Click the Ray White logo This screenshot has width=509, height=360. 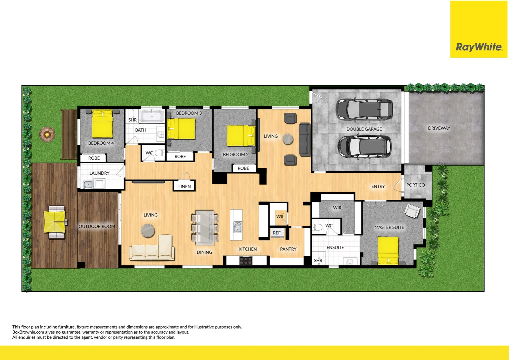[x=479, y=47]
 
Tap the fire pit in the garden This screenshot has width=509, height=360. [x=47, y=134]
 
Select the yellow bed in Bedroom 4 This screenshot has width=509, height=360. [x=102, y=125]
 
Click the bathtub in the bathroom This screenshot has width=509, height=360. [x=152, y=116]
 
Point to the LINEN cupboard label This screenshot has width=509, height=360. [x=184, y=187]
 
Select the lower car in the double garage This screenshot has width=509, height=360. [x=364, y=146]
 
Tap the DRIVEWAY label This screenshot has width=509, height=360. [x=439, y=128]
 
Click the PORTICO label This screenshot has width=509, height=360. [x=415, y=185]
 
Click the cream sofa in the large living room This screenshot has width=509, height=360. [x=152, y=249]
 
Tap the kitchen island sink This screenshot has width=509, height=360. [x=237, y=227]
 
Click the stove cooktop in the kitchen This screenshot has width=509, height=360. [x=246, y=260]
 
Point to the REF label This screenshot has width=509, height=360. [x=277, y=233]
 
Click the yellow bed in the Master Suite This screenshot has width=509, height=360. [x=388, y=250]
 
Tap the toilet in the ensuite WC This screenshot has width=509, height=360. [x=318, y=228]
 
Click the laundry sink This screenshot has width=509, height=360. [x=88, y=184]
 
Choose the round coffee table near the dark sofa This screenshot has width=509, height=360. [x=288, y=139]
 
